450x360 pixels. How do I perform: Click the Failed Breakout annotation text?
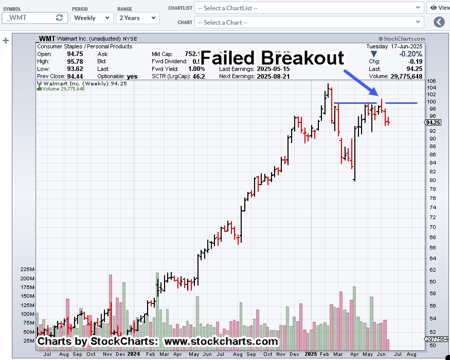[x=272, y=57]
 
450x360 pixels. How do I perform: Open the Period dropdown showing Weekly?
[x=92, y=17]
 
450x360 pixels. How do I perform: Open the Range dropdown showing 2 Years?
[x=137, y=17]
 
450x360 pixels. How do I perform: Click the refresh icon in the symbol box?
[x=60, y=17]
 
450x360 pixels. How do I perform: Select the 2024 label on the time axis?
[x=133, y=354]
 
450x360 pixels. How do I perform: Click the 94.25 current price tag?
[x=434, y=122]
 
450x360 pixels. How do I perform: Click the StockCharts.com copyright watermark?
[x=402, y=39]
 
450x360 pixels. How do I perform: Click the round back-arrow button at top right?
[x=439, y=22]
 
